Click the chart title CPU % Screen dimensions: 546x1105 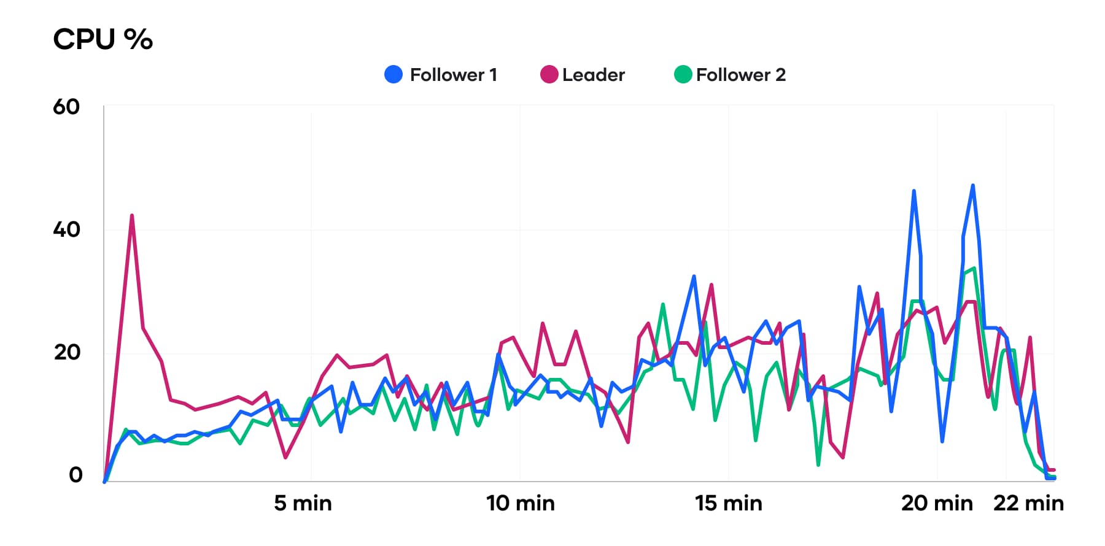point(103,39)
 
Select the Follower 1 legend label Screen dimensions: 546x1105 point(453,75)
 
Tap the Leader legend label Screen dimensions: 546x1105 point(593,75)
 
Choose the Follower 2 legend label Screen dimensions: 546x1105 point(740,75)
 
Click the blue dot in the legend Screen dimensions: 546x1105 point(394,75)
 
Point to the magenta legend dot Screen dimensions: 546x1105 point(549,75)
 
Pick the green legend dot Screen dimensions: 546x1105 point(683,75)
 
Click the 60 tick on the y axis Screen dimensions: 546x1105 point(66,107)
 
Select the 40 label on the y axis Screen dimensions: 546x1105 point(66,229)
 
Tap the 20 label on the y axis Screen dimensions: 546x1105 point(67,352)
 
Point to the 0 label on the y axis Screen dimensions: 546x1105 point(76,475)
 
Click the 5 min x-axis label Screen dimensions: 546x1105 point(303,503)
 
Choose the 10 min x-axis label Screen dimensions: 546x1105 point(521,503)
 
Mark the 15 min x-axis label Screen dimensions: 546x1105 point(729,503)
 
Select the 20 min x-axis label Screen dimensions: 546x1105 point(937,503)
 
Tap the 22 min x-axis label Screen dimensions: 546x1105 point(1028,503)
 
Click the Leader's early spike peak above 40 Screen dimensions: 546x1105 point(132,215)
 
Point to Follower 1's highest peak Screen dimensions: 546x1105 point(973,185)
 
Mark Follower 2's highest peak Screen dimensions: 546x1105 point(974,268)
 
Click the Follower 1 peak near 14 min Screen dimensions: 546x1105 point(694,276)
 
